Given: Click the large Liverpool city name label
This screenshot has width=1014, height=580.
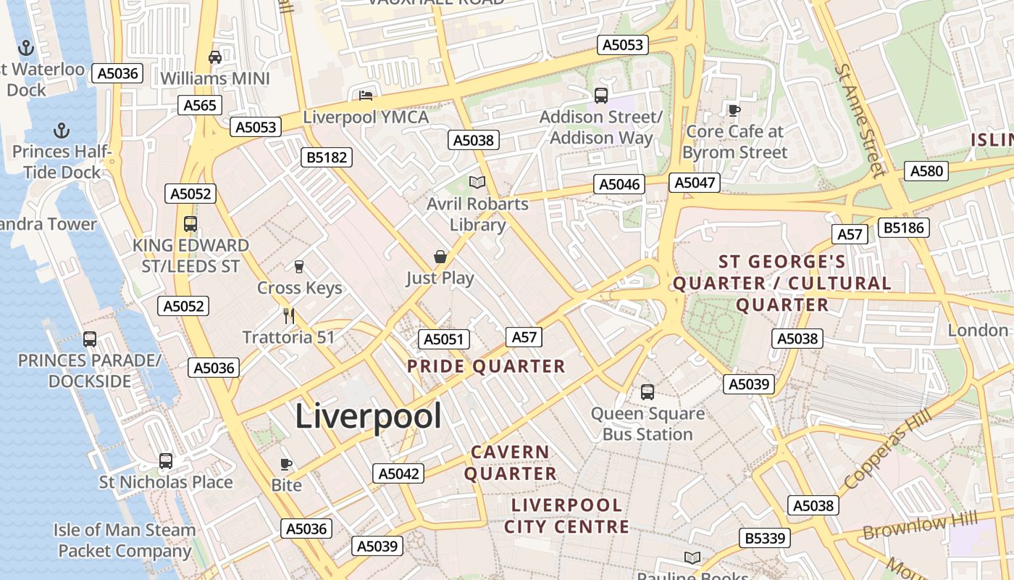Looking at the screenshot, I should (x=368, y=417).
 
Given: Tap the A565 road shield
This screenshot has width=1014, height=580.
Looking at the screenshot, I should (x=200, y=105).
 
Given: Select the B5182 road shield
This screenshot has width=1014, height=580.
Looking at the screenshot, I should (x=326, y=157).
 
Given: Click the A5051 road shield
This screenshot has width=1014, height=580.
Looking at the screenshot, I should (x=444, y=339).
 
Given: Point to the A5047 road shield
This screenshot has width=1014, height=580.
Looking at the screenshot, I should (x=695, y=183).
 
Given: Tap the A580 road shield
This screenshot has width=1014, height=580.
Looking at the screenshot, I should (x=926, y=171).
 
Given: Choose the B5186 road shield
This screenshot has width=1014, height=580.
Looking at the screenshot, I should (x=903, y=228).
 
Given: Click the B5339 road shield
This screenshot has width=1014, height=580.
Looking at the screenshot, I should (x=765, y=538).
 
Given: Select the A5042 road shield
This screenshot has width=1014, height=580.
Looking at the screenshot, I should (x=398, y=473).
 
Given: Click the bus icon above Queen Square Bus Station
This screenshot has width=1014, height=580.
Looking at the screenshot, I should (x=648, y=392).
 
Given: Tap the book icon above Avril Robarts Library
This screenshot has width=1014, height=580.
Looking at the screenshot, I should (x=477, y=182).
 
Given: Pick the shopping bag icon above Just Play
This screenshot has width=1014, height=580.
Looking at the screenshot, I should (x=440, y=257).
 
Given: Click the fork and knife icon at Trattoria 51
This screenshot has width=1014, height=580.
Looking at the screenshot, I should (x=288, y=315).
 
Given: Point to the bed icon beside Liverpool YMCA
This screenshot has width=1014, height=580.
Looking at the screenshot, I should (x=366, y=95).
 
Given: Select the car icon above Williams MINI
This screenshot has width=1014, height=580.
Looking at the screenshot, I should (x=214, y=57).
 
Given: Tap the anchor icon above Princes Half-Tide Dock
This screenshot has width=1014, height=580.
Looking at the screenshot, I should (x=62, y=130).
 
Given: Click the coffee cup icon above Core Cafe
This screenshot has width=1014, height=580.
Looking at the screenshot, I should (x=734, y=110).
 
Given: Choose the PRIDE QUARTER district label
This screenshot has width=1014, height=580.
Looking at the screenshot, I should (x=486, y=366).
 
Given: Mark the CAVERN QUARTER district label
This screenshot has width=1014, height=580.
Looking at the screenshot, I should (x=511, y=463).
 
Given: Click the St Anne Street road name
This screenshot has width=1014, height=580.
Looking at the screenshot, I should (x=860, y=120).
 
